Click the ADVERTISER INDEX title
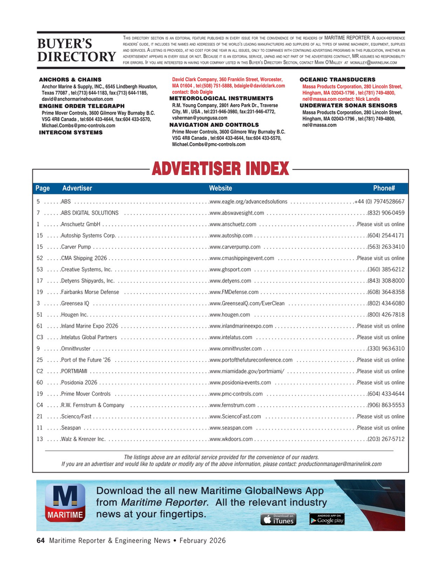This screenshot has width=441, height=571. [220, 168]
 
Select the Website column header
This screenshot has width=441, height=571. [220, 188]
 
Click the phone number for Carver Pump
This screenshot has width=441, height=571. [386, 247]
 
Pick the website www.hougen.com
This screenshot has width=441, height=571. [230, 314]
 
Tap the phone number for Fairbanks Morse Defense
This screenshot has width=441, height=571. [386, 292]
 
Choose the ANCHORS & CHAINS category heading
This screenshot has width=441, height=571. [70, 80]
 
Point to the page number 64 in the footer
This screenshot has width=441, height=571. [40, 541]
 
